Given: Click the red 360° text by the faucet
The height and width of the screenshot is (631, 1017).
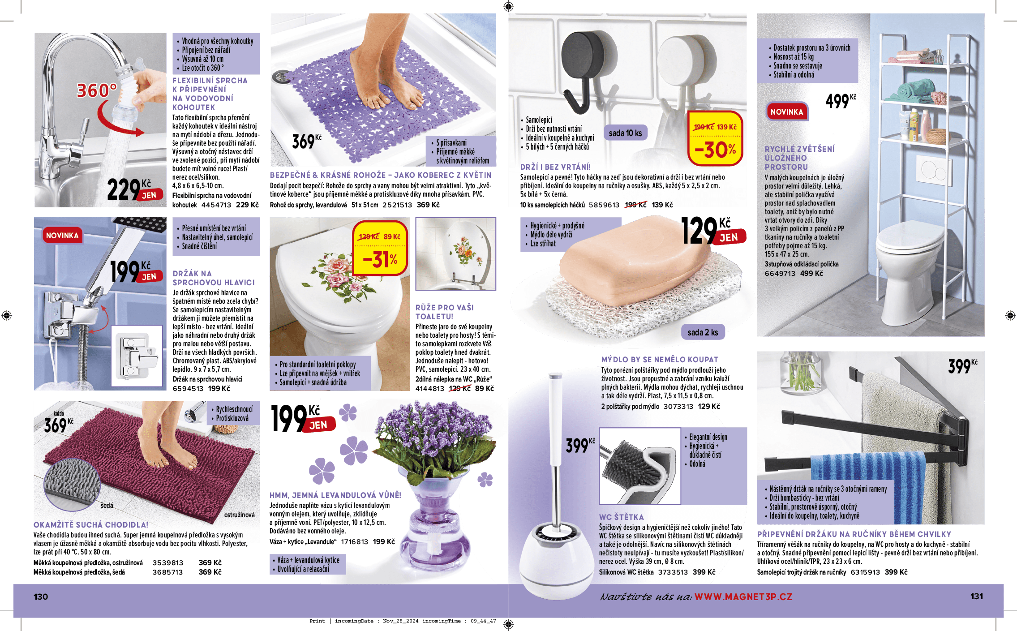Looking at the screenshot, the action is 97,90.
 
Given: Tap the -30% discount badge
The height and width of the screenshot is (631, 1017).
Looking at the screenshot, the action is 715,138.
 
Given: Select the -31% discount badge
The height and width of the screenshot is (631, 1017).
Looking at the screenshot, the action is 381,248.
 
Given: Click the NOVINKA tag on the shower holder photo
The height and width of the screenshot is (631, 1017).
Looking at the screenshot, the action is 62,236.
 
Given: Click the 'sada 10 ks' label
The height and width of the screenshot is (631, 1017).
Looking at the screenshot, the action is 625,133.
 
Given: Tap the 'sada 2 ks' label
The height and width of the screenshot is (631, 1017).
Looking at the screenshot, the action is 703,332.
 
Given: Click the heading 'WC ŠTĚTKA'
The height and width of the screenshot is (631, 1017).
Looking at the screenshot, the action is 622,517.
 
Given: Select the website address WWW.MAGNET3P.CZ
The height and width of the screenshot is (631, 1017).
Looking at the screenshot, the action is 743,597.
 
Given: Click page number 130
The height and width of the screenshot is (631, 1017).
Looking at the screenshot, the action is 41,597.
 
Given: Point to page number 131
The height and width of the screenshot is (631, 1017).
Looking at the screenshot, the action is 977,596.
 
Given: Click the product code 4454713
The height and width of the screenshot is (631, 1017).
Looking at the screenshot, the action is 216,205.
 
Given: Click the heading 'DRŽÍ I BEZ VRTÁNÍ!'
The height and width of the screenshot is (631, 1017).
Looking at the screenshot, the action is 555,167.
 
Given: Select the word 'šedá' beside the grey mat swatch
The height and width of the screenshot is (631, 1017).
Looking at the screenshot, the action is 107,506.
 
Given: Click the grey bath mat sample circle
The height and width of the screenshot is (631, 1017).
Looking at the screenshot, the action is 72,485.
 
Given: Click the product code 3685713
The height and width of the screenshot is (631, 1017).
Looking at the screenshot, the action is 168,572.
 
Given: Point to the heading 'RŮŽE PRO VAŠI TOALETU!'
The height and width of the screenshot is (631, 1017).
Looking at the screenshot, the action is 444,312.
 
